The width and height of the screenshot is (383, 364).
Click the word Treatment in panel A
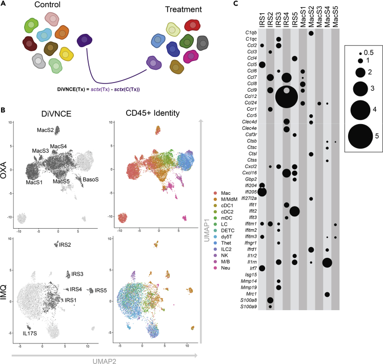[174, 9]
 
